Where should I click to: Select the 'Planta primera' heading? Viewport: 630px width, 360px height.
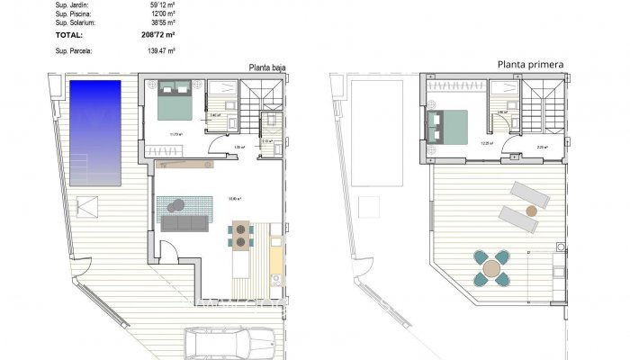pos(531,65)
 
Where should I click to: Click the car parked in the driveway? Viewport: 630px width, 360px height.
pos(230,344)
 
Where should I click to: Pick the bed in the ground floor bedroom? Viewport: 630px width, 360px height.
pos(175,102)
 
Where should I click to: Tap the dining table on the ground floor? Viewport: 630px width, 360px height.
pos(241,236)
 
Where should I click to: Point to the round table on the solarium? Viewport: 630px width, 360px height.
pos(491,268)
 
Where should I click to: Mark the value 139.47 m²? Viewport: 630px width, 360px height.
pos(161,51)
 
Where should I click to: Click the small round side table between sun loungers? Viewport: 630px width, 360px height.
pos(531,210)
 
